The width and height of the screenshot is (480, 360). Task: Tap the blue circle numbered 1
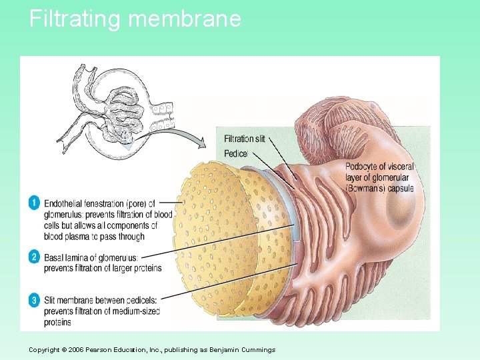(x=33, y=203)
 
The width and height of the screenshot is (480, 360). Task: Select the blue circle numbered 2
(x=33, y=257)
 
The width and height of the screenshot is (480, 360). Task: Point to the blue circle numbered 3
(x=33, y=300)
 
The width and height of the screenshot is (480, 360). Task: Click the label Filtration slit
(x=244, y=139)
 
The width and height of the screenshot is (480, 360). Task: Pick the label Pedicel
(x=236, y=153)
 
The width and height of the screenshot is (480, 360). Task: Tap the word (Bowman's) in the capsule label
(x=369, y=188)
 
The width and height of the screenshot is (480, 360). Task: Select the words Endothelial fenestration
(x=86, y=203)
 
